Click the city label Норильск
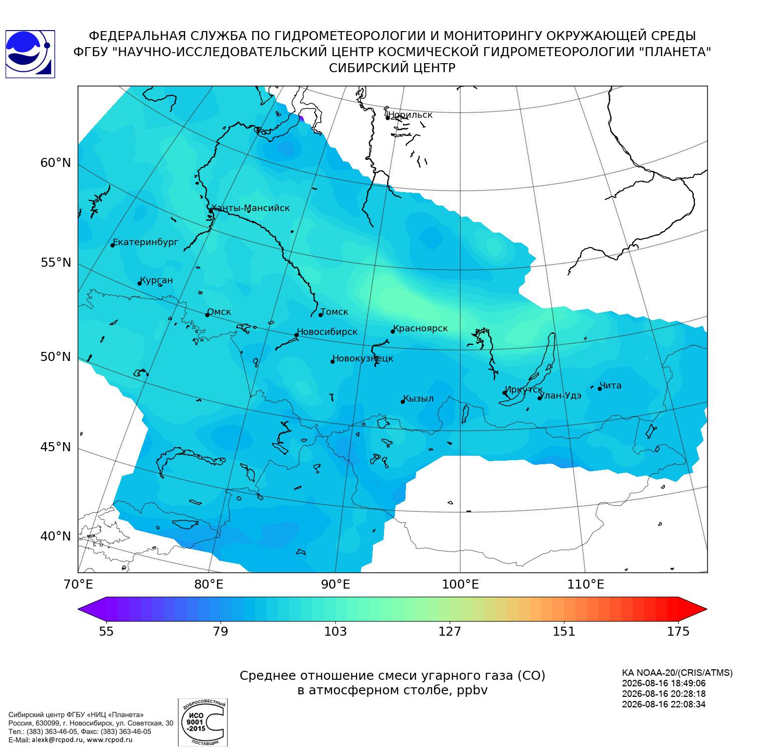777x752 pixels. tap(410, 115)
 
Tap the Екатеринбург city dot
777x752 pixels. tap(113, 245)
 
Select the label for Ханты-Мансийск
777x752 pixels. tap(251, 208)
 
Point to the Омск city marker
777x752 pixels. tap(207, 315)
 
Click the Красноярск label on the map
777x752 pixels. tap(420, 329)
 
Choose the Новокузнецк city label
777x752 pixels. tap(363, 358)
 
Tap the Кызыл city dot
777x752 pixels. tap(403, 402)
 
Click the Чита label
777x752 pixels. tap(611, 386)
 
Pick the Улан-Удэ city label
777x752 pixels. tap(560, 396)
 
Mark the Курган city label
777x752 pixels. tap(156, 280)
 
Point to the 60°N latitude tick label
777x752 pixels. tap(56, 163)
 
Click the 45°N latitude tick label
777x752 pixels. tap(56, 447)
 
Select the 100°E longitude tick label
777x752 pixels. tap(460, 585)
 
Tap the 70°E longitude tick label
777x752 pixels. tap(78, 585)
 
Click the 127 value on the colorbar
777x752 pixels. tap(450, 631)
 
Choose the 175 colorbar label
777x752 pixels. tap(678, 631)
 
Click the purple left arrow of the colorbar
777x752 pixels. tap(92, 609)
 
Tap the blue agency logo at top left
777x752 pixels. tap(30, 54)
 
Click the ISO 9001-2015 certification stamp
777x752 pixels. tap(203, 722)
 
